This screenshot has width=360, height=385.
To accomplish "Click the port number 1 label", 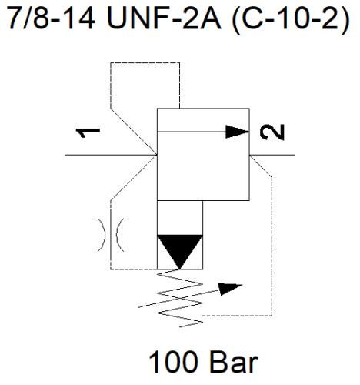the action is tap(88, 132).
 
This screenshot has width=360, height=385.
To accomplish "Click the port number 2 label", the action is tap(272, 132).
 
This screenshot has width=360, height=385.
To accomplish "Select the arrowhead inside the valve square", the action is tap(237, 132).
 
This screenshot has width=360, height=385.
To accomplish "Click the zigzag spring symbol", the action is tap(180, 298).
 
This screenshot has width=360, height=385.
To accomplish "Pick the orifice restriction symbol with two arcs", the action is tap(111, 235).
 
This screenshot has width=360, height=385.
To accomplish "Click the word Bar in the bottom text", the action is tap(234, 362).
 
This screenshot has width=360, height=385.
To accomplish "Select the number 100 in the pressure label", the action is tap(173, 362).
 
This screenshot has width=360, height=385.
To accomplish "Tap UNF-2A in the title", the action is tap(164, 17).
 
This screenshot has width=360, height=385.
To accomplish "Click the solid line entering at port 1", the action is tap(111, 155).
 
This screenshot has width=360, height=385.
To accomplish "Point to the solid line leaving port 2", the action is tap(272, 155).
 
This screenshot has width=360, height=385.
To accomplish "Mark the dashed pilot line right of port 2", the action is tap(272, 246).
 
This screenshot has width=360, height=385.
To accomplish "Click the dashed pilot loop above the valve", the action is tap(145, 62).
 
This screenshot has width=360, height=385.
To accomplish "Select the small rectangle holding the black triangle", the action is tap(180, 235).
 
